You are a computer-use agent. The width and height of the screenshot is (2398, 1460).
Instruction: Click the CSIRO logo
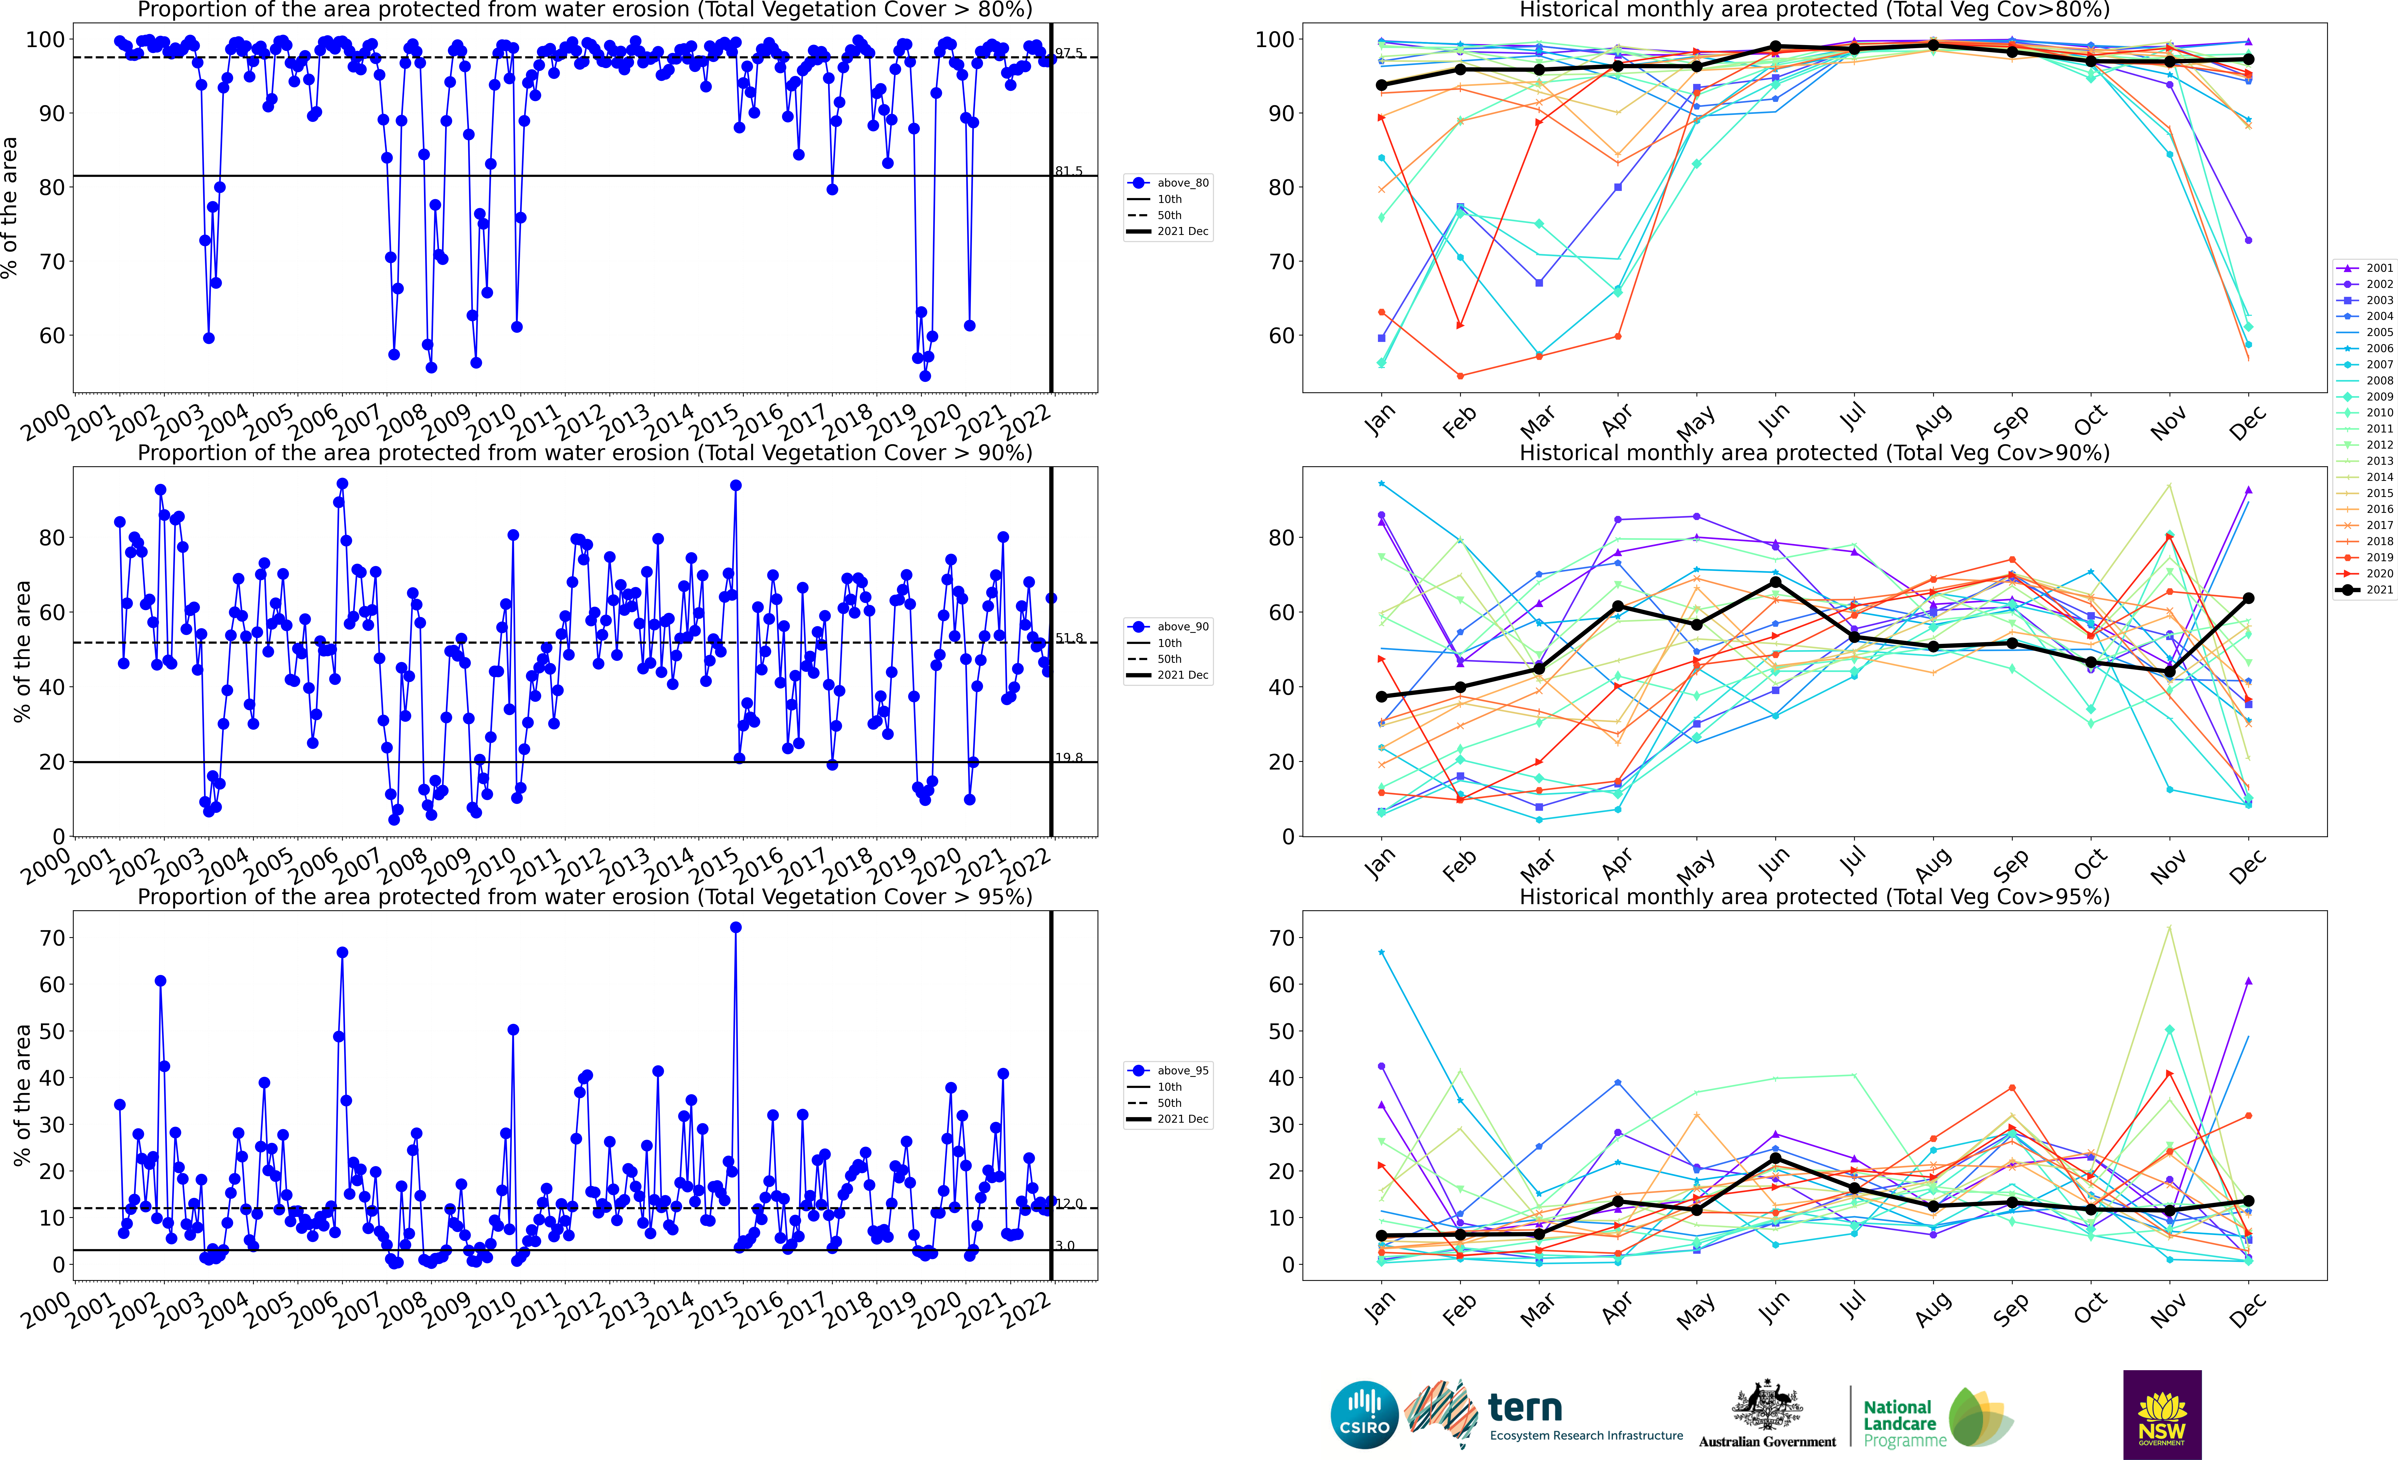coord(1364,1414)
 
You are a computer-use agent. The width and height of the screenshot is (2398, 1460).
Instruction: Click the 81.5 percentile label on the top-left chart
coord(1069,171)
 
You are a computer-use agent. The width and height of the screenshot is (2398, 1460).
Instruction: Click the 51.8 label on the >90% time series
coord(1069,639)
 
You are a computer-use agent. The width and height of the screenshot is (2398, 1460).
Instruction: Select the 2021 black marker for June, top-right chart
coord(1775,47)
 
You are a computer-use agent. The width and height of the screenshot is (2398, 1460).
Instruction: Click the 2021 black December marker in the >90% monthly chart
coord(2248,599)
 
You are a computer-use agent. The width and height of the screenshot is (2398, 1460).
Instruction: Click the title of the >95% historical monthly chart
coord(1814,896)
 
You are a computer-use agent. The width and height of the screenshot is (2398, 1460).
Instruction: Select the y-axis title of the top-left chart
coord(11,207)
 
